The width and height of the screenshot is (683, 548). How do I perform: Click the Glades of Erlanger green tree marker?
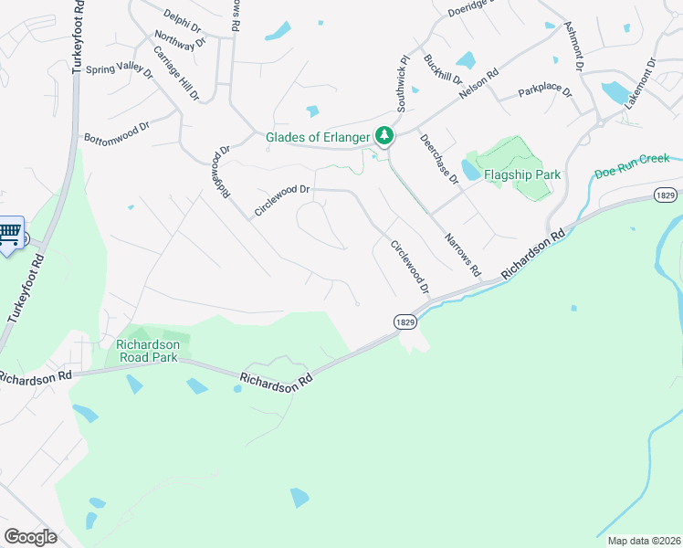point(385,136)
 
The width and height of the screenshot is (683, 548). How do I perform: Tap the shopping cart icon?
point(9,233)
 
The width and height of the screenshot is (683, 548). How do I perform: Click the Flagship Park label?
point(521,174)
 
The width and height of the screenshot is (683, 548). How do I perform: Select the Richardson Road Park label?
point(152,352)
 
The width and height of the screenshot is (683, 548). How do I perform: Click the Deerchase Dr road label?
point(439,159)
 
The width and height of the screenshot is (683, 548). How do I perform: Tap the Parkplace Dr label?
point(545,92)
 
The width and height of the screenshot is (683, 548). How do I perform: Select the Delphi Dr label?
point(182,22)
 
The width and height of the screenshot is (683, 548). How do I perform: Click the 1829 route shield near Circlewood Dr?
point(406,321)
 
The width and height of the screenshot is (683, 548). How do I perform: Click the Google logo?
point(30,537)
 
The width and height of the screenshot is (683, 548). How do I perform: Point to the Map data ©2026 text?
point(636,540)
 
